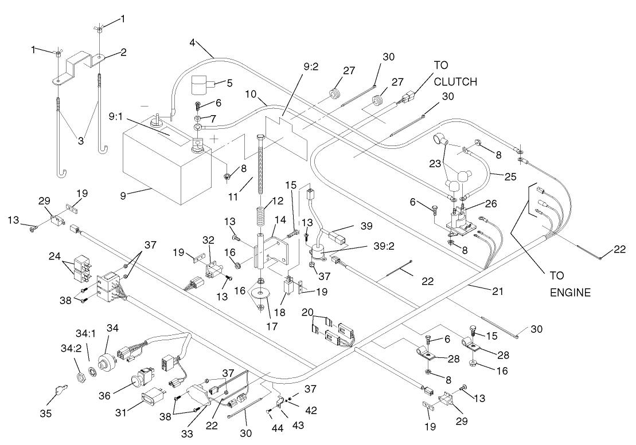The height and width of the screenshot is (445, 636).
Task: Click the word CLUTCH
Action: (x=455, y=82)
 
